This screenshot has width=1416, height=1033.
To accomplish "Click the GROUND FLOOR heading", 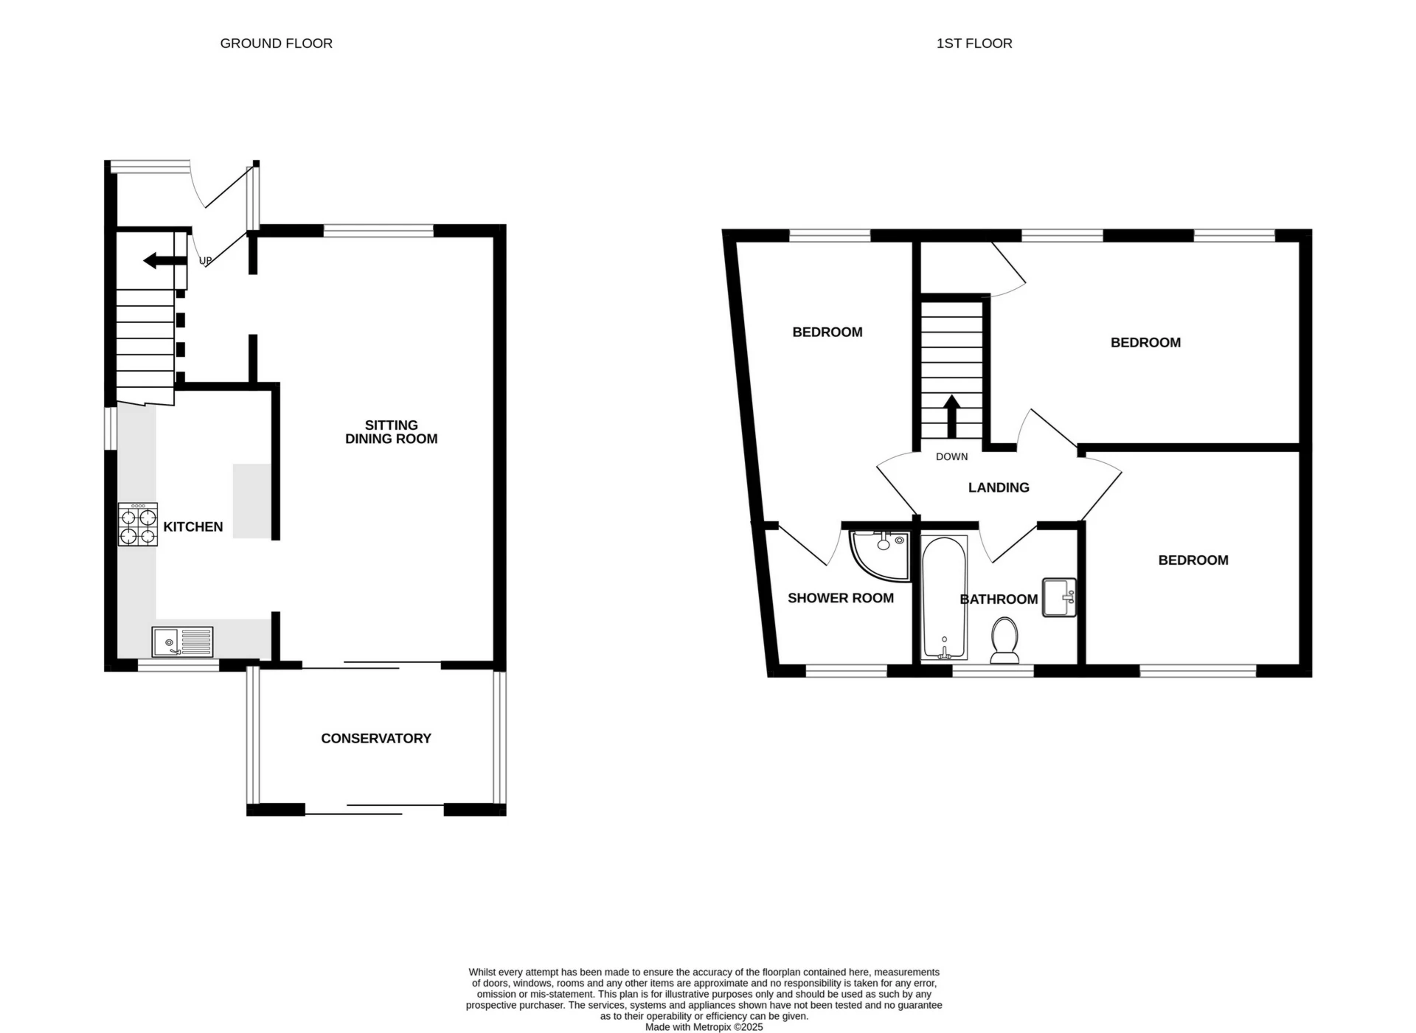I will coord(276,44).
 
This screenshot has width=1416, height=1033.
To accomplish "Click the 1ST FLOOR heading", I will coord(974,44).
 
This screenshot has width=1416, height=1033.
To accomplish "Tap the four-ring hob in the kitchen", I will coord(138,524).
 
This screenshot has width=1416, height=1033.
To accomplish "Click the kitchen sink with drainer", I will coord(182,641).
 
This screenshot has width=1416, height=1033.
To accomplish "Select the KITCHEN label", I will coord(192,526).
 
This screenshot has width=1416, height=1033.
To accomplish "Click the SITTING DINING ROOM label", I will coord(391,432).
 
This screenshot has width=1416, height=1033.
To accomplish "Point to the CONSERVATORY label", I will coord(375,738).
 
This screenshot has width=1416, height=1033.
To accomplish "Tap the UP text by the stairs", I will coord(206,260).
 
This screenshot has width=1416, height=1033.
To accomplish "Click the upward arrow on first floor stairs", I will coord(951,416).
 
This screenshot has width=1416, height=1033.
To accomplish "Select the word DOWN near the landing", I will coord(951,456).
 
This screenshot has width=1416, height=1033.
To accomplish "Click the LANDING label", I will coord(999,487).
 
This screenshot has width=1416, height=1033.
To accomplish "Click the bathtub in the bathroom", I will coord(944,597).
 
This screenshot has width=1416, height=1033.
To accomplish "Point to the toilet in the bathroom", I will coord(1004,640).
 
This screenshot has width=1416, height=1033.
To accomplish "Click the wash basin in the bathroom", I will coord(1060,597).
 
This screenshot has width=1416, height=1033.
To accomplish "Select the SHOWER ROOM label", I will coord(840,598).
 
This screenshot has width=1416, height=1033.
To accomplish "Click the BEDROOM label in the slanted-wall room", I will coord(827,332).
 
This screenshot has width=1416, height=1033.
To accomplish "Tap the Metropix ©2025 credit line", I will coord(704,1026).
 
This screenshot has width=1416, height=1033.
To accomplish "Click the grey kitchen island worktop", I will coord(251,501).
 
